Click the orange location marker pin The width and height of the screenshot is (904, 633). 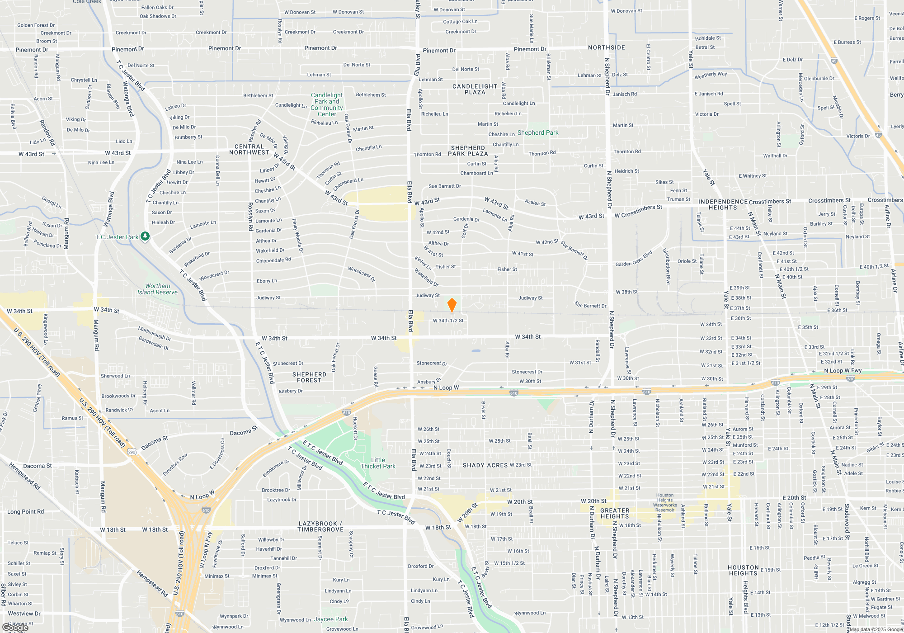pos(452,305)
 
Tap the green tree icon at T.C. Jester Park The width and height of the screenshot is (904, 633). pos(145,236)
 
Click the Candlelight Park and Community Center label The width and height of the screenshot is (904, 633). pos(326,104)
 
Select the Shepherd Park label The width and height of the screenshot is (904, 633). pos(538,132)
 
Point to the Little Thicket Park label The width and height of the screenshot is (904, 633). pos(378,463)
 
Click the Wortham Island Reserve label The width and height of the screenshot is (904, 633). pos(157,289)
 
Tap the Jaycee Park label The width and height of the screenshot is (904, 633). pos(331,619)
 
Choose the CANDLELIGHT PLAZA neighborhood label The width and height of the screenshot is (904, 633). pos(475,89)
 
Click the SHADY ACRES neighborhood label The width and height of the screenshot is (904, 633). pos(485,465)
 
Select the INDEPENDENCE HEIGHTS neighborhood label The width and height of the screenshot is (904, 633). pos(723,204)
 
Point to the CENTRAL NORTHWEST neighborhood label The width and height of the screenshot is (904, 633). pos(249,149)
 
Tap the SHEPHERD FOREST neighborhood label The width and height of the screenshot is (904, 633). pos(309,377)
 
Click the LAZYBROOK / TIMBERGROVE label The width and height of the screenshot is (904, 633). pos(320,526)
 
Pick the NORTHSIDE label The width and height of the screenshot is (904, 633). pos(606,47)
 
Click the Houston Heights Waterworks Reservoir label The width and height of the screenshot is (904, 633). pos(665,503)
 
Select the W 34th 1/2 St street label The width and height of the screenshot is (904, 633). pos(448,321)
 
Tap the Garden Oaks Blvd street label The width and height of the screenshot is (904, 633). pos(634,259)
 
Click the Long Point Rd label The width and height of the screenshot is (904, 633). pos(26,512)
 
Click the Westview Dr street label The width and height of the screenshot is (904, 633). pos(24,614)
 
